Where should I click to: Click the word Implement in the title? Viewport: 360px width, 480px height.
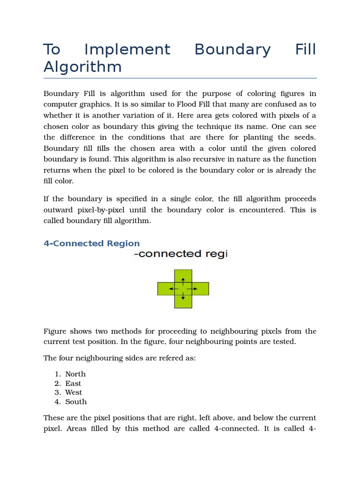click(127, 50)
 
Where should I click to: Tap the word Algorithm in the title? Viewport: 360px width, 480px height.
click(82, 67)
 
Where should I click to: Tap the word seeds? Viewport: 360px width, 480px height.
click(304, 137)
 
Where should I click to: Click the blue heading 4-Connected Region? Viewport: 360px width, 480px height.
click(91, 243)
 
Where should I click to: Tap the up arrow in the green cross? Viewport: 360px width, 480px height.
click(183, 280)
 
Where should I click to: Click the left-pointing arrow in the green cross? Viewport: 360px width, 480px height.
click(173, 289)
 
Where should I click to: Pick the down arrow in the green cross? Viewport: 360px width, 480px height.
click(183, 297)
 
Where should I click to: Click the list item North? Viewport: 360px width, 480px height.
click(75, 374)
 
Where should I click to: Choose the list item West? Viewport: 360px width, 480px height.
click(74, 392)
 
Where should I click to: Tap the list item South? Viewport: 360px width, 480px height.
click(76, 402)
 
